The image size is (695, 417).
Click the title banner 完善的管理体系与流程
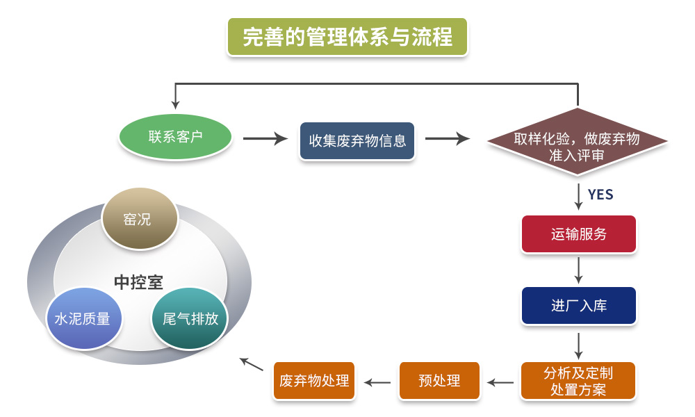click(347, 36)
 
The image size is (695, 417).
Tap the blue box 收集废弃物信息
click(357, 140)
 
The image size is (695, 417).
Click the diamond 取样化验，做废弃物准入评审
click(577, 145)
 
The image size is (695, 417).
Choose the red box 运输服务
click(579, 234)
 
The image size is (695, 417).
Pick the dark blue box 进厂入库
click(579, 306)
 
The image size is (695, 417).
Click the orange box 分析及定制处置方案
click(578, 380)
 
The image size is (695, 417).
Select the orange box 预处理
click(439, 381)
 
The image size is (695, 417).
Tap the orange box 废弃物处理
click(314, 381)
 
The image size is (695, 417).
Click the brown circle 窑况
click(139, 219)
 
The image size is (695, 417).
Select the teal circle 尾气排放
click(190, 318)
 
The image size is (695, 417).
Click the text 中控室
click(139, 282)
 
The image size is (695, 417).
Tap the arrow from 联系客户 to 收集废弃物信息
click(265, 139)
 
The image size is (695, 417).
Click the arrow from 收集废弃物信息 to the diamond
click(447, 139)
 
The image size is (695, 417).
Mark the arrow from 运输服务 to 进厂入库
click(579, 270)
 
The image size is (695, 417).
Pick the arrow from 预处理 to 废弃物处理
click(378, 382)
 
